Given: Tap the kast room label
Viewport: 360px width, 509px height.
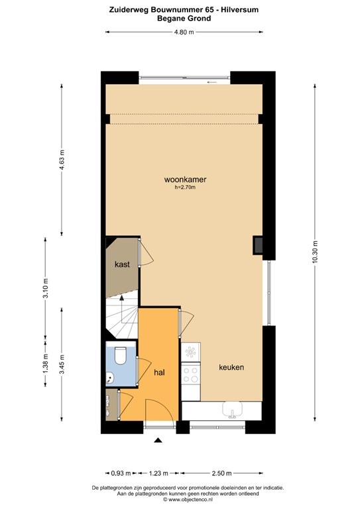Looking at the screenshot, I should [121, 264].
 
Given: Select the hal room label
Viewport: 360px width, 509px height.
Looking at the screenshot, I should [159, 372].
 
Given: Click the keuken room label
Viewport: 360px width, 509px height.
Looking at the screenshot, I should [232, 367].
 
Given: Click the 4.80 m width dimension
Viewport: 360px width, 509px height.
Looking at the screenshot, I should [184, 33].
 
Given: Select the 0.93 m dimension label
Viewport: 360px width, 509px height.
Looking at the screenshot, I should [117, 473].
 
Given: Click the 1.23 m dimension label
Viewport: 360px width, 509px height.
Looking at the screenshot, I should [157, 473].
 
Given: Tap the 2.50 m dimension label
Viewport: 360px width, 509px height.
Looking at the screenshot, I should [221, 473].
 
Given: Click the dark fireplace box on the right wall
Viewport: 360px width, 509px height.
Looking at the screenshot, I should [257, 245].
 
